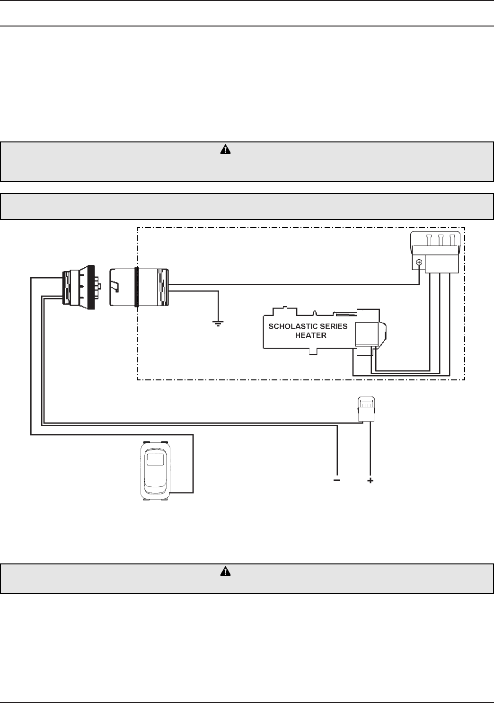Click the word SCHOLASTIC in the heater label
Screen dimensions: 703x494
point(288,326)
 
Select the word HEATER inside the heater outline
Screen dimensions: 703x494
point(310,335)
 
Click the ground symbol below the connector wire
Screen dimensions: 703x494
point(218,324)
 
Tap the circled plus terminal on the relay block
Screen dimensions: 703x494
point(419,262)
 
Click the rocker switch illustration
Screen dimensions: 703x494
point(156,470)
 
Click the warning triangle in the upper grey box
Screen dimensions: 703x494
point(226,150)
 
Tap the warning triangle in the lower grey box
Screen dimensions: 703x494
point(226,571)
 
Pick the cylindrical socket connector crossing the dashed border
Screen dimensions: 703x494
point(139,287)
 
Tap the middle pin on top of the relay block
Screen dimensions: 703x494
point(441,239)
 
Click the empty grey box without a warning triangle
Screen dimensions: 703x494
point(247,206)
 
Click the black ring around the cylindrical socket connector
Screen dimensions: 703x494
point(137,287)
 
